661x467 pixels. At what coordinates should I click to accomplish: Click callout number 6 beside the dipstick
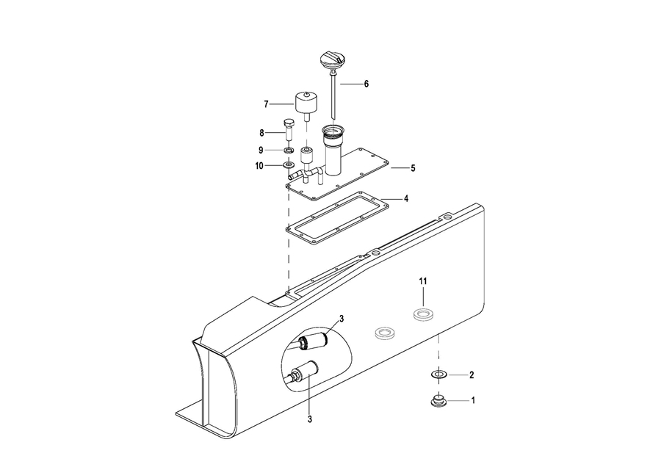coord(366,84)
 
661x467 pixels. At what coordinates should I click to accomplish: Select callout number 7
coord(266,104)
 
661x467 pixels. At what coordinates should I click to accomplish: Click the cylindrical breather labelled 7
coord(306,106)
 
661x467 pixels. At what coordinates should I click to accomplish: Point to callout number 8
coord(261,133)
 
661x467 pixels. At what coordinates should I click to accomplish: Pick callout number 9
coord(261,150)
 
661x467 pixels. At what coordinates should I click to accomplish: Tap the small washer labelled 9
coord(289,150)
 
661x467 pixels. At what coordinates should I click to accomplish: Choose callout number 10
coord(259,166)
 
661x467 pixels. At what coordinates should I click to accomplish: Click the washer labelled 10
coord(289,164)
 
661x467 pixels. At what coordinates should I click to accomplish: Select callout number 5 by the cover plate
coord(413,168)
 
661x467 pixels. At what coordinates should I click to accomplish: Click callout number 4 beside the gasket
coord(406,198)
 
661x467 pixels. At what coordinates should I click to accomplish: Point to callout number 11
coord(423,281)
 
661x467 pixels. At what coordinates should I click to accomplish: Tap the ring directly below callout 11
coord(423,314)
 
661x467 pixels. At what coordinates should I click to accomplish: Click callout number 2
coord(472,374)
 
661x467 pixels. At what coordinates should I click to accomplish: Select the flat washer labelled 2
coord(439,374)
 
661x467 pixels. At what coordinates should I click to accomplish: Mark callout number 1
coord(473,400)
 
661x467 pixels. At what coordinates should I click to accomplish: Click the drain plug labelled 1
coord(438,400)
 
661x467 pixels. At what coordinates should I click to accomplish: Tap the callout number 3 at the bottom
coord(310,419)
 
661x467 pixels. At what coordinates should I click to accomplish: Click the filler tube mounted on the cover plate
coord(333,150)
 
